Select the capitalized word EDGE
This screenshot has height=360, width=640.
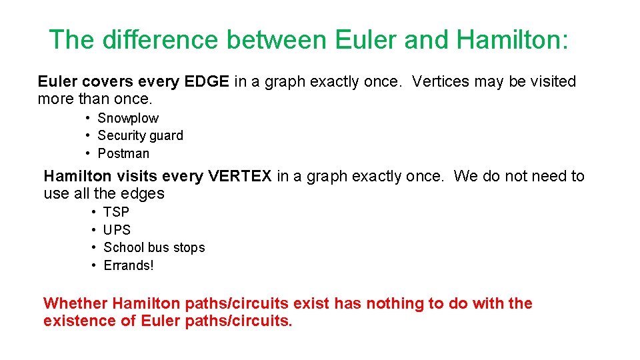pos(207,81)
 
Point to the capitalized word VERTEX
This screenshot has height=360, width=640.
pos(240,176)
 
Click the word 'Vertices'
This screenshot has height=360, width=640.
pos(441,81)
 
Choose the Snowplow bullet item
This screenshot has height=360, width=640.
pos(128,118)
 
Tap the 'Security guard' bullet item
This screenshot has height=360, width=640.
pos(140,135)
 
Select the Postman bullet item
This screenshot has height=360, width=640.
pos(123,153)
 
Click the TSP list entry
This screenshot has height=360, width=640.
pos(117,212)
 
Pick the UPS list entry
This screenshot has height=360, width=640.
pos(117,230)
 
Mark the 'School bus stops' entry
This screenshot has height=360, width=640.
pos(154,247)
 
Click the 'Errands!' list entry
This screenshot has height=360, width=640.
pos(129,265)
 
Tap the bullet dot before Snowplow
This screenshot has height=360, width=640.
pos(88,118)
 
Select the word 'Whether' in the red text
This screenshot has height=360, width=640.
pos(75,303)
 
